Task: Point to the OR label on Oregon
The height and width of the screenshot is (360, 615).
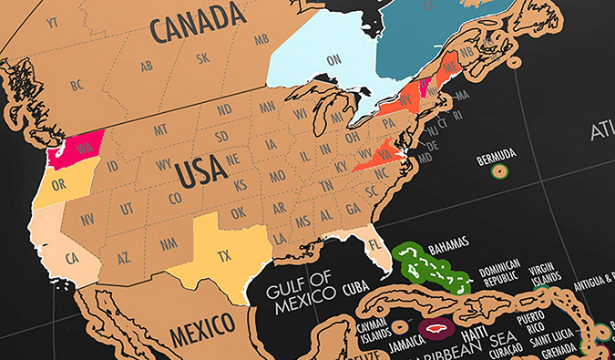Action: [61, 181]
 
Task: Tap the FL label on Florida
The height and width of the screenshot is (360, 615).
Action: [374, 245]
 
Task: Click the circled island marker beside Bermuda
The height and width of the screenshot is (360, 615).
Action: [497, 170]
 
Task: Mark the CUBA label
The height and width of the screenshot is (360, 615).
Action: [355, 289]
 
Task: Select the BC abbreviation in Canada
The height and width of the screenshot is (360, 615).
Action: [77, 85]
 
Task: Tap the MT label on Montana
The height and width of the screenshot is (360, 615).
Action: [160, 130]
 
